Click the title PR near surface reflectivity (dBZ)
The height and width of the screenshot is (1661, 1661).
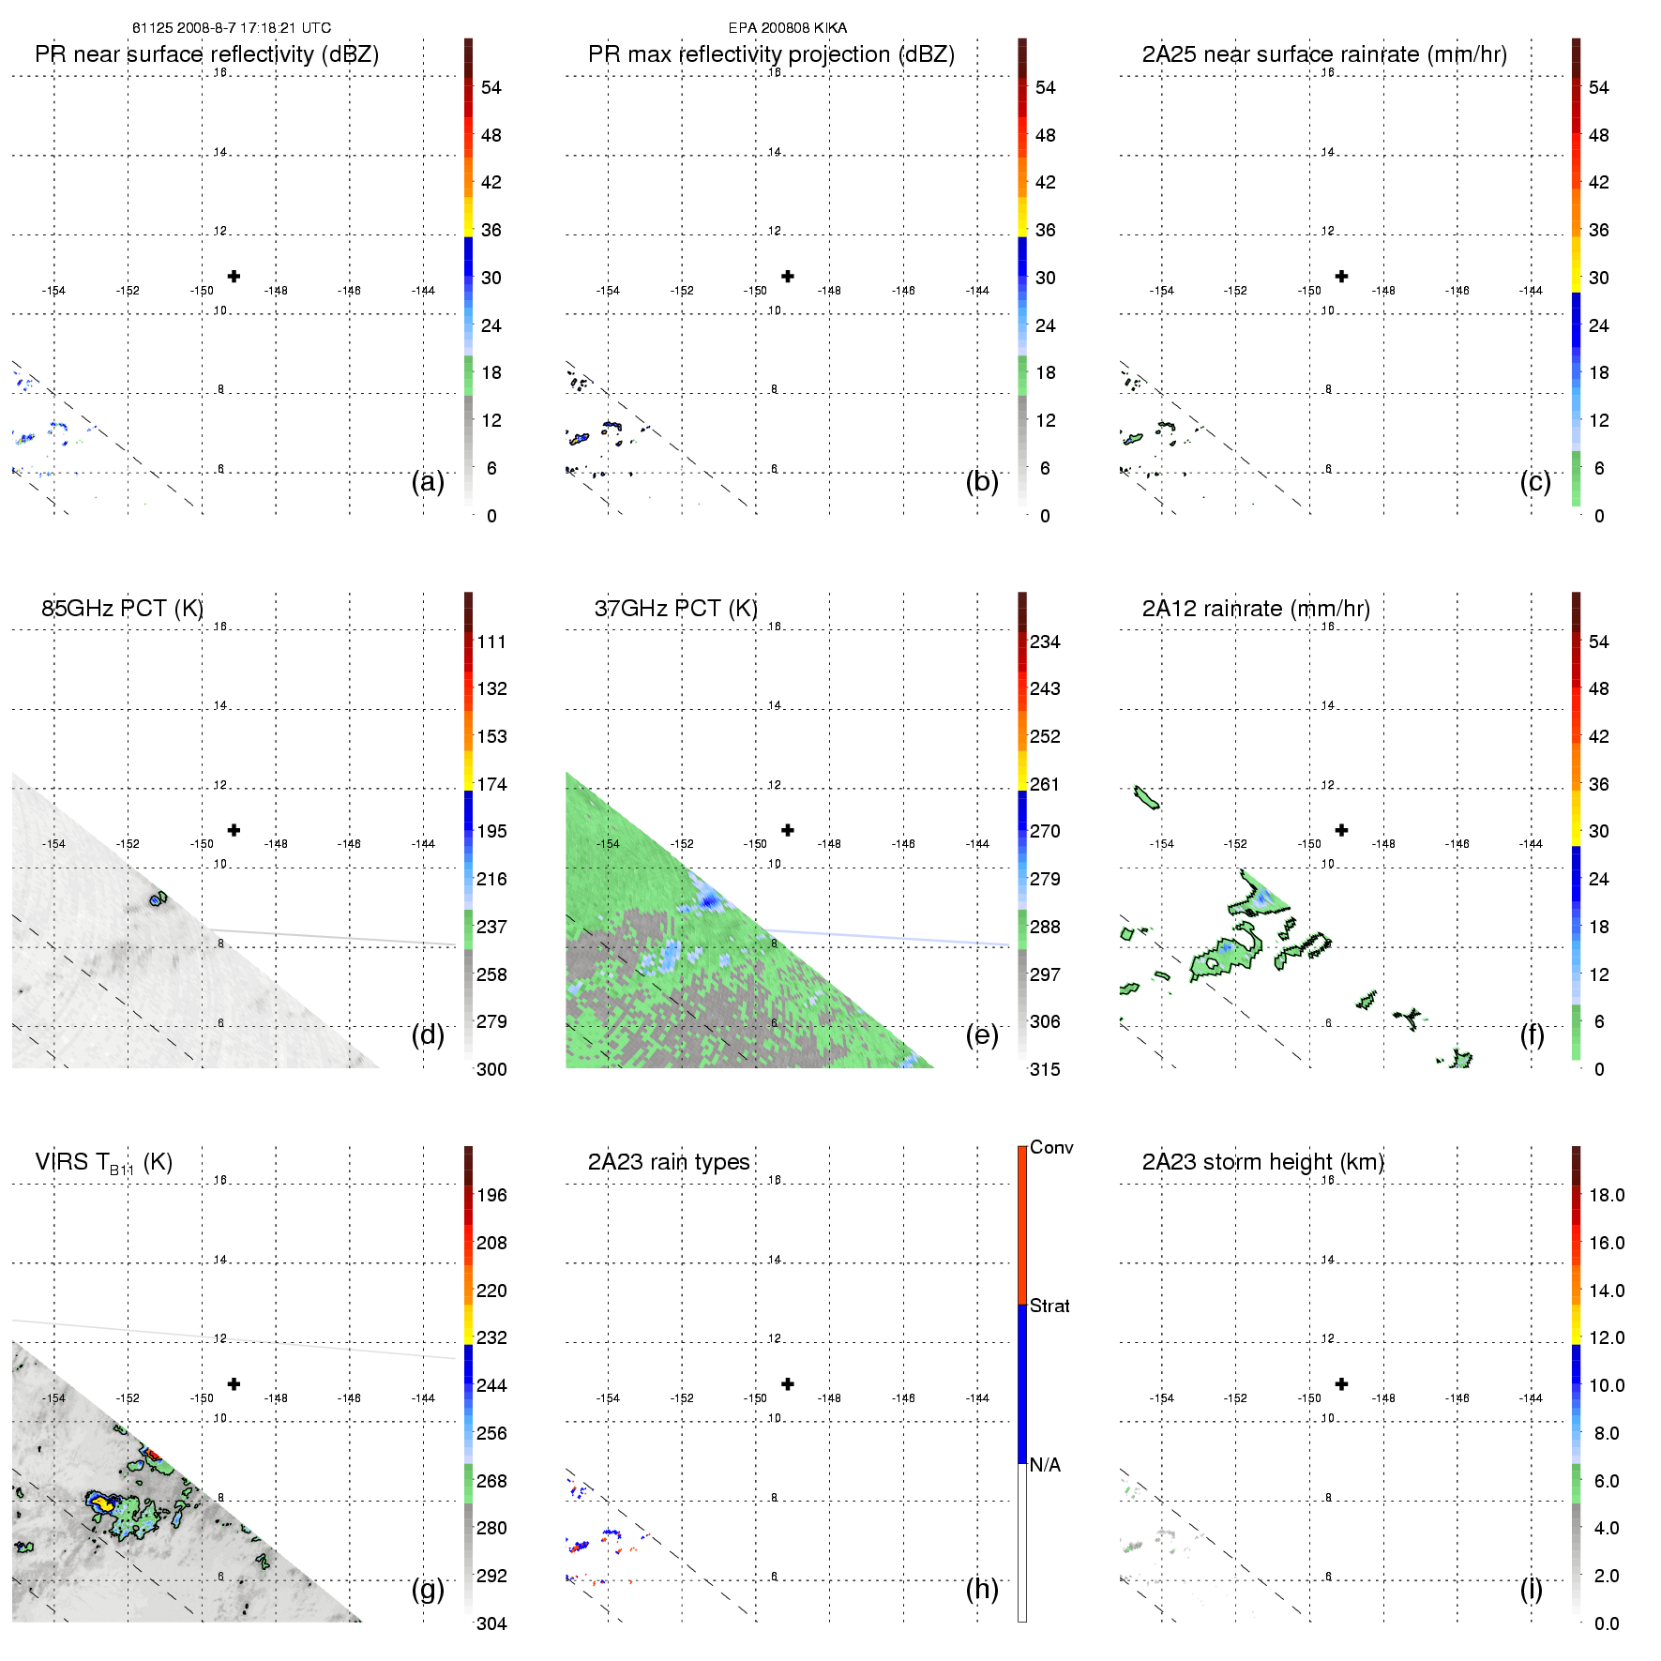coord(206,54)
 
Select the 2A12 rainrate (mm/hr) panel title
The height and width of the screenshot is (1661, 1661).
coord(1256,609)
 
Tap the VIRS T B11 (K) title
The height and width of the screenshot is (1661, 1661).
coord(103,1163)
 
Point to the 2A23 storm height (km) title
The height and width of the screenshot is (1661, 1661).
coord(1262,1162)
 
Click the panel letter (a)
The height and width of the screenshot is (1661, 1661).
coord(428,482)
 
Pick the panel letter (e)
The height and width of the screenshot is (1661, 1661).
coord(982,1035)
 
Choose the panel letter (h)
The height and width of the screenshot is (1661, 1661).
coord(982,1589)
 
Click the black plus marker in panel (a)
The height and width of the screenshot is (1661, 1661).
coord(234,277)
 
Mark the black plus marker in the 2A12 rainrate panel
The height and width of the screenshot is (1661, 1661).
coord(1341,830)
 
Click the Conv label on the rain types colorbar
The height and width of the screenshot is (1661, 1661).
coord(1051,1148)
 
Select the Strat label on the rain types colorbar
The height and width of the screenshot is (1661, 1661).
coord(1049,1306)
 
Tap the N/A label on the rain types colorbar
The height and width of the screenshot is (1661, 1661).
coord(1045,1465)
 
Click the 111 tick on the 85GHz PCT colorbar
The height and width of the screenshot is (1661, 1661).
coord(491,642)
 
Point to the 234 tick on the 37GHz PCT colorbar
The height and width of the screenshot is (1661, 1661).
coord(1045,642)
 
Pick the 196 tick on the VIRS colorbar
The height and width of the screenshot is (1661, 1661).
coord(491,1196)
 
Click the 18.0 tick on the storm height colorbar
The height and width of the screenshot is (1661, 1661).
coord(1607,1196)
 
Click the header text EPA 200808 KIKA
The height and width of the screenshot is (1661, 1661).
coord(788,28)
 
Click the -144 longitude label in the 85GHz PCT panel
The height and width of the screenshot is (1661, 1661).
coord(423,844)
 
